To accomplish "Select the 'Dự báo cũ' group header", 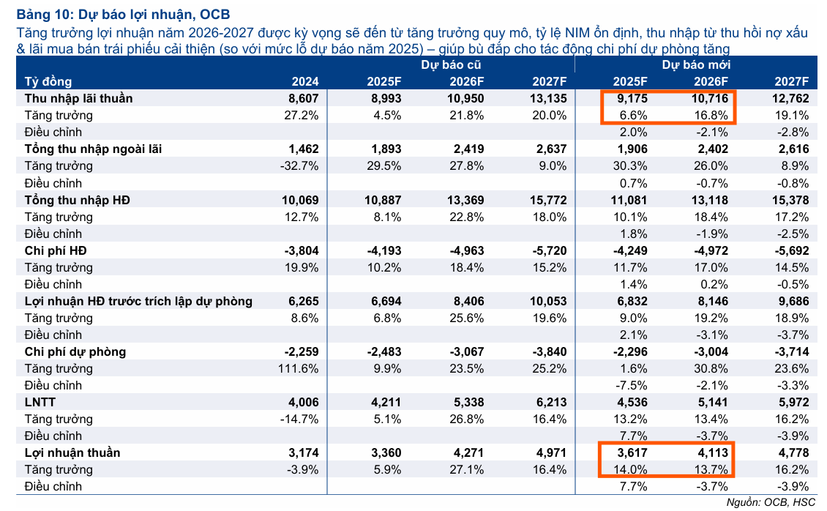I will point(450,64).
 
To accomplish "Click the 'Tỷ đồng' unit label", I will point(48,81).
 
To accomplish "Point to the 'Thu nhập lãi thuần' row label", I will point(78,98).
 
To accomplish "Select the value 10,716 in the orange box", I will point(705,98).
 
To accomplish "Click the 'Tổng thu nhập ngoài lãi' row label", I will point(93,149).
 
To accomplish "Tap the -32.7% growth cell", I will point(300,166).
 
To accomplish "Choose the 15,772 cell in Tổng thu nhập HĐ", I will point(547,200).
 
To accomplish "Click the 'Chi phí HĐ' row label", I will point(56,250).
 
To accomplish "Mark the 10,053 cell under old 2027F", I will point(547,301).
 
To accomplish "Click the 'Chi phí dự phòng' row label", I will point(75,351).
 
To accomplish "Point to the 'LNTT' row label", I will point(40,402).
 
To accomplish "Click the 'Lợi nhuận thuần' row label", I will point(72,452).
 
